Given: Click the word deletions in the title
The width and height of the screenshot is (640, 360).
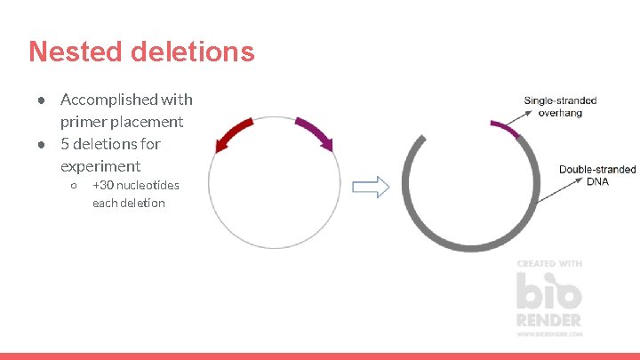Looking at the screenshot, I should click(x=192, y=52).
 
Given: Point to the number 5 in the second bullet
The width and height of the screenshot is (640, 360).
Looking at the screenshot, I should click(x=65, y=143).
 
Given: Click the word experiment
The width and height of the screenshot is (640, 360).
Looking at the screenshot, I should click(x=100, y=165).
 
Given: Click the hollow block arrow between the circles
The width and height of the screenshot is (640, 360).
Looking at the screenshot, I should click(x=372, y=188).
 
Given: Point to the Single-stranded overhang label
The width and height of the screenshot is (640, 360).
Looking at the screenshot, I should click(x=560, y=107).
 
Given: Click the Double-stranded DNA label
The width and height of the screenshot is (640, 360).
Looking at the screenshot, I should click(x=597, y=175).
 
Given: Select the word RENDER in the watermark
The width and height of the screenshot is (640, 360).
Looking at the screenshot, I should click(x=549, y=319).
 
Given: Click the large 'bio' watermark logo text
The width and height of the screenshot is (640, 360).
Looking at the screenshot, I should click(x=549, y=290).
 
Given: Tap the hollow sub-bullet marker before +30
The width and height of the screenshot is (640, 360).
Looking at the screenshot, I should click(x=74, y=186).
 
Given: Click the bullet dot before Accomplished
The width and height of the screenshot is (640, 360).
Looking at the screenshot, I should click(x=41, y=100).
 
